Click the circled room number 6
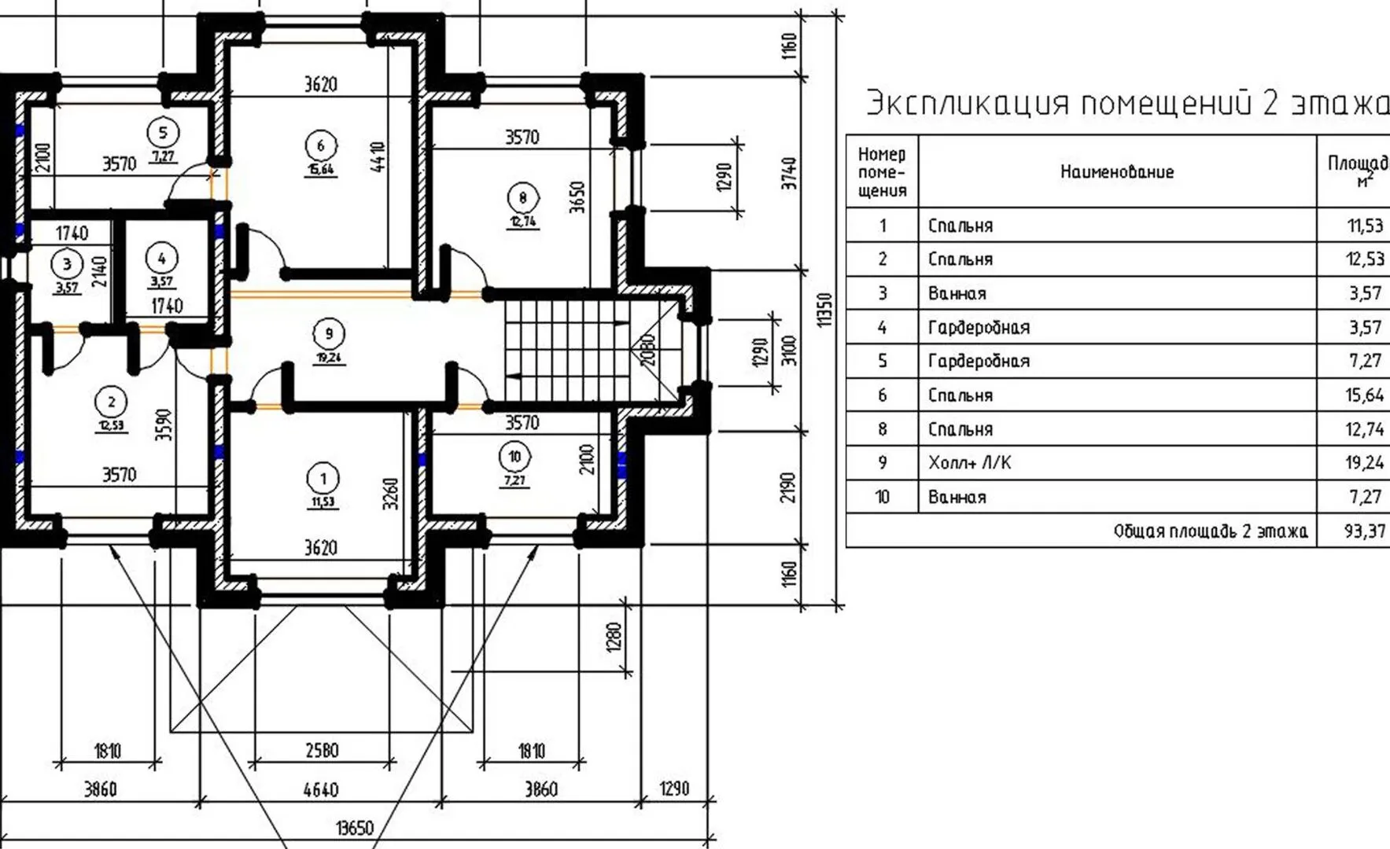[320, 145]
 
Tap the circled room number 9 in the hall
[328, 333]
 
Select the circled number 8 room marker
[522, 197]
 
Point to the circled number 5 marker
[163, 132]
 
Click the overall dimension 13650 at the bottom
[354, 828]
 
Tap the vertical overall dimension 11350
[824, 310]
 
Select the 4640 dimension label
[321, 789]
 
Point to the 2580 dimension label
[321, 751]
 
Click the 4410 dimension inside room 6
[378, 157]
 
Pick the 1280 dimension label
[614, 637]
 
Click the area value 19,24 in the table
[1364, 463]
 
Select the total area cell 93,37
[1364, 531]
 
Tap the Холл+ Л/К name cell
[969, 463]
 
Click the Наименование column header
[1116, 172]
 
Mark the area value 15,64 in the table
[1364, 395]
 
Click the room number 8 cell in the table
[882, 429]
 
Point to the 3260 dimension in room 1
[391, 494]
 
